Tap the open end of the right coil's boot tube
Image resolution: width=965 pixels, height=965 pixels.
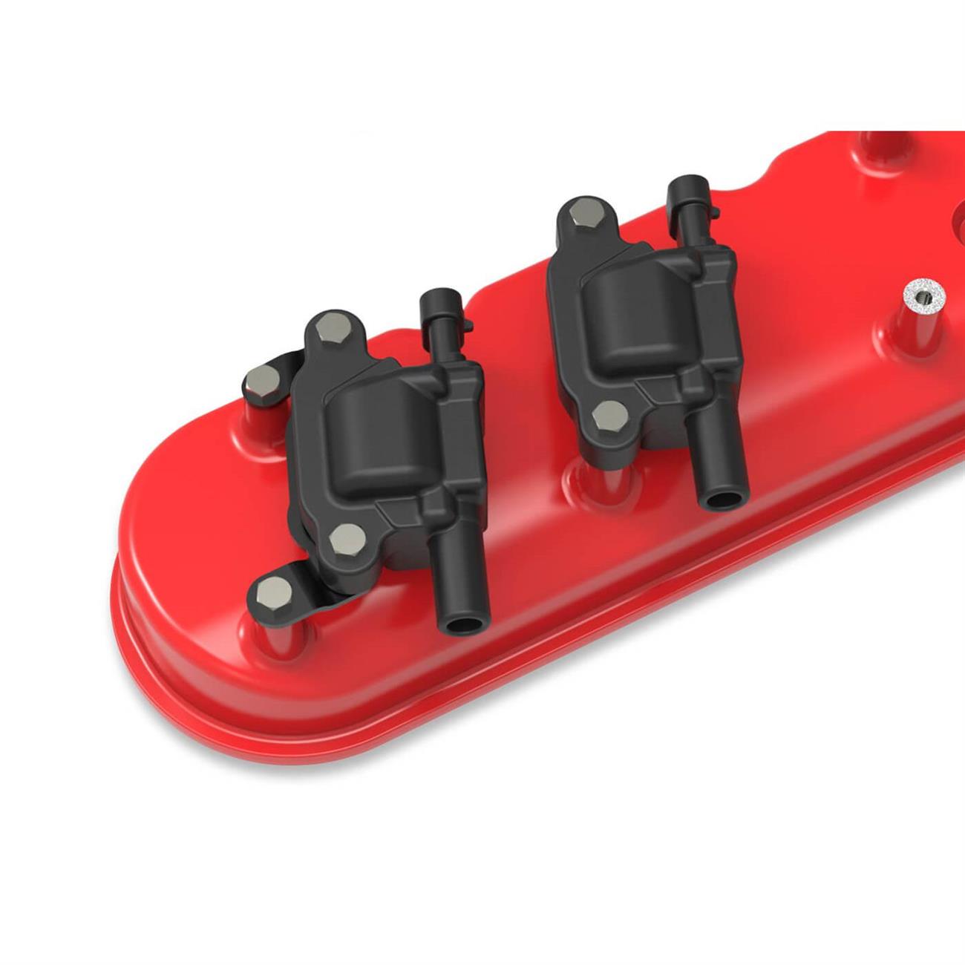[x=718, y=500]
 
